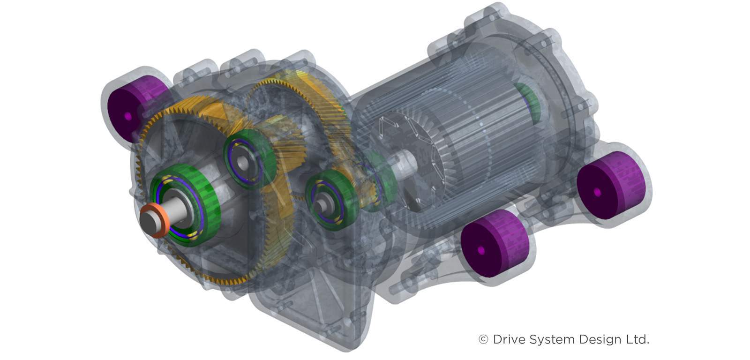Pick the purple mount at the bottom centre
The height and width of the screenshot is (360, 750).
pyautogui.click(x=492, y=246)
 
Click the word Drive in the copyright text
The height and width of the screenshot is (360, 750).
pyautogui.click(x=509, y=339)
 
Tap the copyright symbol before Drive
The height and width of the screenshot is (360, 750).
pyautogui.click(x=483, y=339)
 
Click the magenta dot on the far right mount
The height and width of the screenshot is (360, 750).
pyautogui.click(x=597, y=192)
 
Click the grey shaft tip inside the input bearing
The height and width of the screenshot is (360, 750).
pyautogui.click(x=320, y=205)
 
